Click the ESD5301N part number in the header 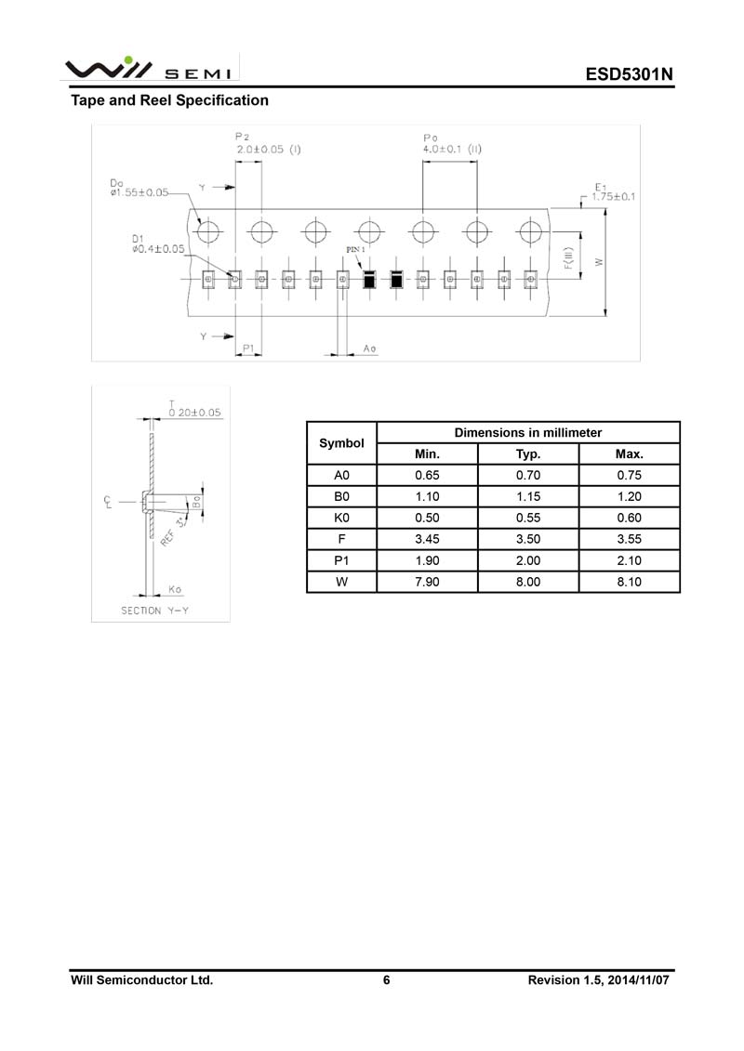pos(628,74)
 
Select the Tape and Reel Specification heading pos(170,100)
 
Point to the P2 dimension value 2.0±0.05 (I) pos(269,149)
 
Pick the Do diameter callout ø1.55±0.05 pos(139,192)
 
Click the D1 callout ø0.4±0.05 pos(158,248)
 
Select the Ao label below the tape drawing pos(369,348)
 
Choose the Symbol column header pos(341,443)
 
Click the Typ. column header pos(528,454)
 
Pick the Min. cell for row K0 pos(427,518)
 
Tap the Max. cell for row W pos(629,582)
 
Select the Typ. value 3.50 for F pos(528,539)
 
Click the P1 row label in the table pos(341,560)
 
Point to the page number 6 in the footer pos(387,979)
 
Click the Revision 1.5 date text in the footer pos(598,979)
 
